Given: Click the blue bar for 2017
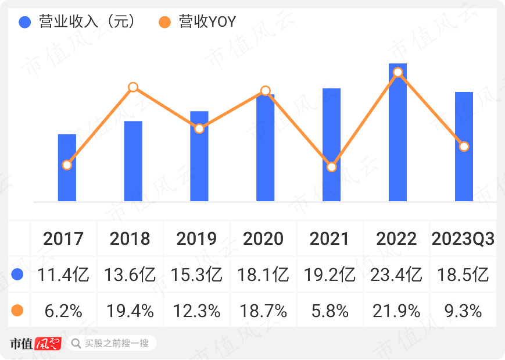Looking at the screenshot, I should pos(67,168).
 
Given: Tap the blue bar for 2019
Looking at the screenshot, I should pos(199,156).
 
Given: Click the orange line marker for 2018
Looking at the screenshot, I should pos(133,87).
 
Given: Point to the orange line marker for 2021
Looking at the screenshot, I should pos(331,167).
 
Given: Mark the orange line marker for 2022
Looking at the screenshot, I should pos(397,72).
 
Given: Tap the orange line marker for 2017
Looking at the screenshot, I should pos(67,165).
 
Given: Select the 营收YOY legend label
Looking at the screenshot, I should pos(207,22).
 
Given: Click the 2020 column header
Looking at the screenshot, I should pos(263,238).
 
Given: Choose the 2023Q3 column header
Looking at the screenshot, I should pos(463,238).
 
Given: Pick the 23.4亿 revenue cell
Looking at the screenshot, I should pos(397,275).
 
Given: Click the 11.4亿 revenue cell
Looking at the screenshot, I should pos(63,275).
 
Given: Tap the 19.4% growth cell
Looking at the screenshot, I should pos(130,311).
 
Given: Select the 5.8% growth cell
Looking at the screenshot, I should pos(330,311).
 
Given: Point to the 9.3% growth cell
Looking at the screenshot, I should pos(463,311).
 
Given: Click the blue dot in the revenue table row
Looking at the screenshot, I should pos(17,275).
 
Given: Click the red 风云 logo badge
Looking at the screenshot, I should pos(48,343).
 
